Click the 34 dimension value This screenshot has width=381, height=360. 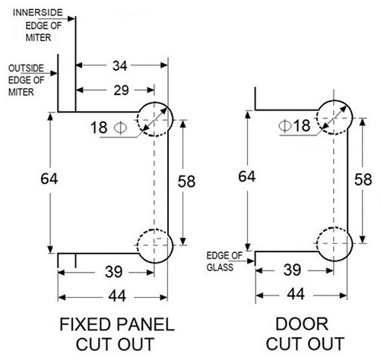click(x=119, y=66)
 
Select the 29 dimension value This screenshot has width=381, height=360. click(x=121, y=90)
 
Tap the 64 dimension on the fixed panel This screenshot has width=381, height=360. click(x=49, y=178)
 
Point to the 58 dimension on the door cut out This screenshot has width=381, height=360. click(x=363, y=179)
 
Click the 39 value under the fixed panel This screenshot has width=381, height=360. click(x=114, y=272)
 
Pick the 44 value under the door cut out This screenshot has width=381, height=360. click(x=296, y=294)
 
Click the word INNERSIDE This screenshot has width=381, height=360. click(x=38, y=13)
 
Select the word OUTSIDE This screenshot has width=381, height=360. click(x=26, y=68)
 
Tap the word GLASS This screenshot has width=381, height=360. click(x=220, y=267)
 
